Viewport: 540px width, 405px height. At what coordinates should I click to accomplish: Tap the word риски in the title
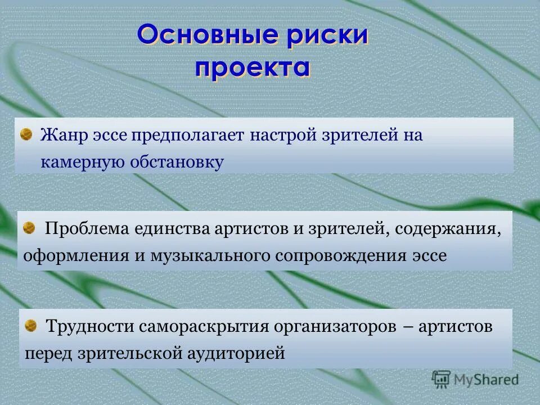[x=332, y=35]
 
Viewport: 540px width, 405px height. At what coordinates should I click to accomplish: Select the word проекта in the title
[x=253, y=67]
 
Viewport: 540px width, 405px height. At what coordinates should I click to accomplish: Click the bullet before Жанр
[x=26, y=134]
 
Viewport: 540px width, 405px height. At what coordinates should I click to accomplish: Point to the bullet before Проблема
[x=29, y=228]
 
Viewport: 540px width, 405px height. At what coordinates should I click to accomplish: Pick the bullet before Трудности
[x=31, y=325]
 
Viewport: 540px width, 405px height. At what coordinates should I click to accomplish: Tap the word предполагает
[x=190, y=136]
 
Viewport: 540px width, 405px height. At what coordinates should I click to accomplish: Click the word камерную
[x=82, y=163]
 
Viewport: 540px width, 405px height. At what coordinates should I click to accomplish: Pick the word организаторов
[x=327, y=326]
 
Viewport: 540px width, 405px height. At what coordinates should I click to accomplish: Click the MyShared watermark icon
[x=441, y=379]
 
